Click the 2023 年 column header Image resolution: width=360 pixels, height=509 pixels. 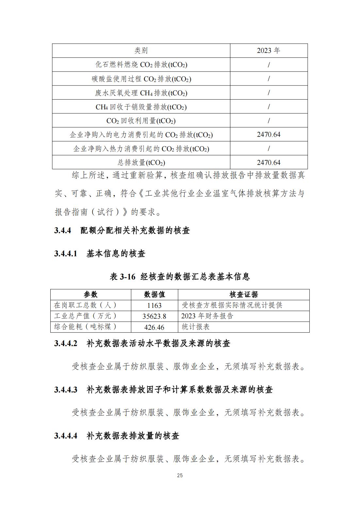pyautogui.click(x=269, y=51)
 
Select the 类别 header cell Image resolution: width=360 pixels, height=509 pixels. pyautogui.click(x=141, y=51)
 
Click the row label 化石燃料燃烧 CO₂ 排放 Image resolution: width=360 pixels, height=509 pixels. pyautogui.click(x=141, y=65)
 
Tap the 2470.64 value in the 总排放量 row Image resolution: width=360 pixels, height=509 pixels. pyautogui.click(x=269, y=162)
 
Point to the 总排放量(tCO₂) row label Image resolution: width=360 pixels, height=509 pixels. pyautogui.click(x=141, y=162)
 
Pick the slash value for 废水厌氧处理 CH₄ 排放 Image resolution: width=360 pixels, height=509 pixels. pyautogui.click(x=269, y=93)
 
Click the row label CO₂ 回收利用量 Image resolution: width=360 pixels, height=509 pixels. pyautogui.click(x=141, y=121)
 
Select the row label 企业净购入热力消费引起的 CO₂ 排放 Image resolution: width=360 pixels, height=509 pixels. pyautogui.click(x=141, y=149)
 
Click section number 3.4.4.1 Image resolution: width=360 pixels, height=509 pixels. pyautogui.click(x=66, y=253)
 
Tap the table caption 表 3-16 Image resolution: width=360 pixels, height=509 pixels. pyautogui.click(x=123, y=277)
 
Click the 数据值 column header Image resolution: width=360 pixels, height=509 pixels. pyautogui.click(x=155, y=294)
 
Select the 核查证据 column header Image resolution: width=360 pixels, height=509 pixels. pyautogui.click(x=244, y=294)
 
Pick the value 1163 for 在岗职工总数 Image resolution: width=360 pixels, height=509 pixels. pyautogui.click(x=155, y=305)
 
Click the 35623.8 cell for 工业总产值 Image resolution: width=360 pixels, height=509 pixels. pyautogui.click(x=155, y=316)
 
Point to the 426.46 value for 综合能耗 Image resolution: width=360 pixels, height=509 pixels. pyautogui.click(x=155, y=327)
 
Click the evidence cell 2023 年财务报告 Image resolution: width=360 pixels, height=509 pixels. pyautogui.click(x=207, y=316)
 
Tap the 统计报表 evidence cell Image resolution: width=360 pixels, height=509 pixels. pyautogui.click(x=196, y=327)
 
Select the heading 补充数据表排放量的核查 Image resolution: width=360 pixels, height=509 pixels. pyautogui.click(x=133, y=436)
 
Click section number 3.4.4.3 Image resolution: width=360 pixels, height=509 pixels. pyautogui.click(x=66, y=390)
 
